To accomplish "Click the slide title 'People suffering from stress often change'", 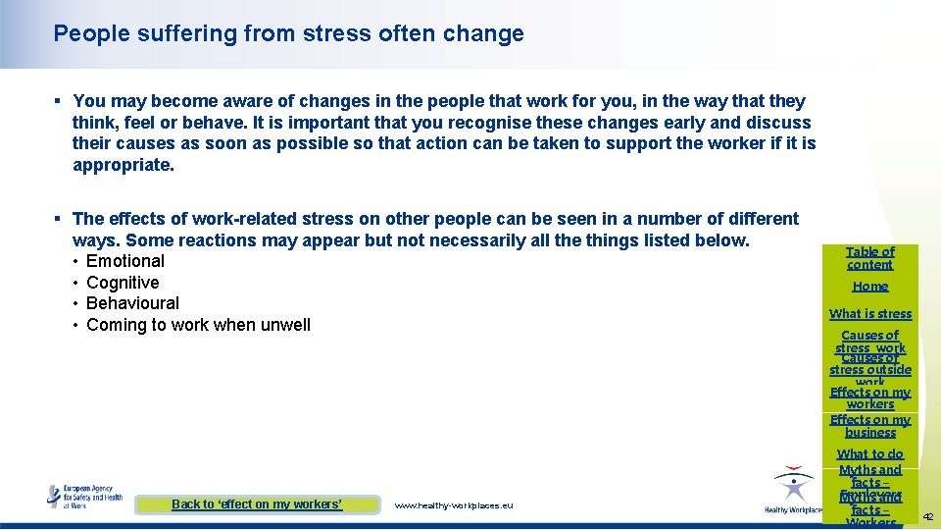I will (288, 33).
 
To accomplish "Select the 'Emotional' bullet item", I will (124, 261).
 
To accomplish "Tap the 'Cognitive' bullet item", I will (123, 283).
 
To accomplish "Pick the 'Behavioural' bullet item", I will (132, 303).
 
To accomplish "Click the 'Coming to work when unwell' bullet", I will (198, 325).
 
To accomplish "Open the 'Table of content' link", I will (869, 258).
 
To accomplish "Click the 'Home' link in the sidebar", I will (869, 287).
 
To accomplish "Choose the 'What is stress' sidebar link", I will (869, 314).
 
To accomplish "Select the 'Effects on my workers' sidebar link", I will (869, 397).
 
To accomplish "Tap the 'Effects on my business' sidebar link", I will (869, 426).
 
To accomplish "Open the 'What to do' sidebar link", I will (869, 454).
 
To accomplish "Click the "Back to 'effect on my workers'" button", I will (257, 504).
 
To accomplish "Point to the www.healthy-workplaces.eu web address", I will (453, 505).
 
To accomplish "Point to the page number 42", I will (927, 516).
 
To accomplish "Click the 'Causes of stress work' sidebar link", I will (869, 342).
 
